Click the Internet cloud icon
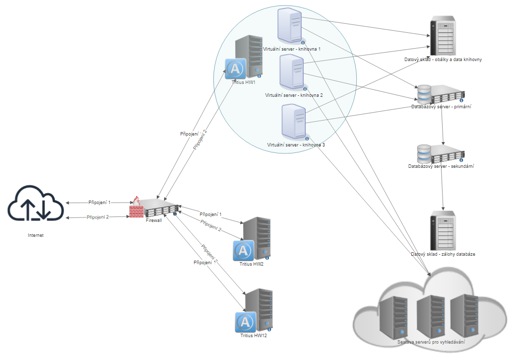(36, 203)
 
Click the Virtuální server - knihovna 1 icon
(291, 27)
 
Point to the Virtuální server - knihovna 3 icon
(294, 122)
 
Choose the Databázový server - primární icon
(441, 94)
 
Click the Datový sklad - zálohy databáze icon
(443, 230)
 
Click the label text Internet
(36, 235)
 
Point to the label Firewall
(154, 220)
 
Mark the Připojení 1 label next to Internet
(99, 203)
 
